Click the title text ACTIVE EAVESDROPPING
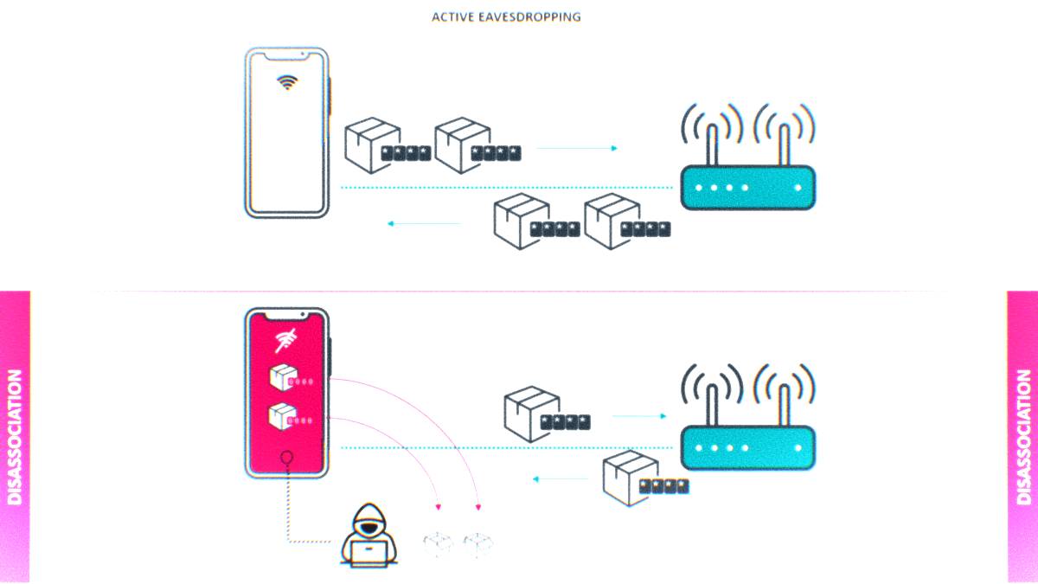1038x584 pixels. pos(506,16)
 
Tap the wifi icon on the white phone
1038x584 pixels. pos(287,82)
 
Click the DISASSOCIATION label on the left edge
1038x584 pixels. pos(15,437)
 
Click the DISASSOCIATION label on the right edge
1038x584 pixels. pos(1023,437)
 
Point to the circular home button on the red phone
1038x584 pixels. pos(286,458)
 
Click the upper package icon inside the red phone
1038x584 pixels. pos(281,378)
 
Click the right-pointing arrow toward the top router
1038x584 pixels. pos(578,148)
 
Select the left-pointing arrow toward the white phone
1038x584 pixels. pos(424,223)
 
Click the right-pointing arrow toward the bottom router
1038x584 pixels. pos(639,416)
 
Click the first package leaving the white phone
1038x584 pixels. pos(372,144)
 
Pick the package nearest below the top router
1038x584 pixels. pos(612,221)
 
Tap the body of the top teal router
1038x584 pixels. pos(747,188)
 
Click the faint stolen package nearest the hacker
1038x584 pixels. pos(438,543)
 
